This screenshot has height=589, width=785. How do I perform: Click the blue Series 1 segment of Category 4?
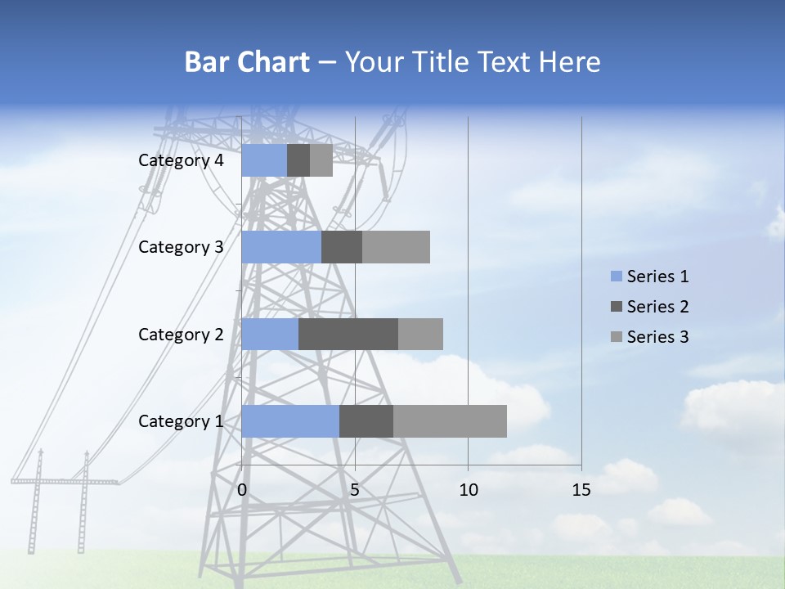[264, 160]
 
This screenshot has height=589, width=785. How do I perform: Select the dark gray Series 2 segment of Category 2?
[348, 334]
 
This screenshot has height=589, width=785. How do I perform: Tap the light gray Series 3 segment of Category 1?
[450, 421]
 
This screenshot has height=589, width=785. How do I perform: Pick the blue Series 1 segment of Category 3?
[281, 247]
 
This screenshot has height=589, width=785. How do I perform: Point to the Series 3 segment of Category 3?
[396, 247]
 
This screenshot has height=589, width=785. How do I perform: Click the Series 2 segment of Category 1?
[366, 421]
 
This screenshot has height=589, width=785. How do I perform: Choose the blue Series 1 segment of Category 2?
[270, 334]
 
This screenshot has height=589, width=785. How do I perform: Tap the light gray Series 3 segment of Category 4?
[321, 160]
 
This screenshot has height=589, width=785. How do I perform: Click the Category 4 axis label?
[181, 160]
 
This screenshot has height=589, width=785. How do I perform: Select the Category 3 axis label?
[181, 247]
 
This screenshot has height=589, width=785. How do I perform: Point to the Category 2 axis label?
[181, 334]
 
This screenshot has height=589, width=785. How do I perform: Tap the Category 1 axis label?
[181, 421]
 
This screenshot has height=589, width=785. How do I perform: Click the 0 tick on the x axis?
[242, 490]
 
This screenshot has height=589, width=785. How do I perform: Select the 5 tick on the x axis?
[355, 490]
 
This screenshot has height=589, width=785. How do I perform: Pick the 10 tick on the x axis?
[468, 490]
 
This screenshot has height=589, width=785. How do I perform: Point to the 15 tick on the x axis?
[581, 490]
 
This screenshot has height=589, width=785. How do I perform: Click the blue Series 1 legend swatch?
[617, 277]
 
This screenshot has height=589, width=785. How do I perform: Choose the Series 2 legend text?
[657, 307]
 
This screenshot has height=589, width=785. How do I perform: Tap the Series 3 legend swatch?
[617, 337]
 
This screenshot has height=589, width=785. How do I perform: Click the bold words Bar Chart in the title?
[247, 62]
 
